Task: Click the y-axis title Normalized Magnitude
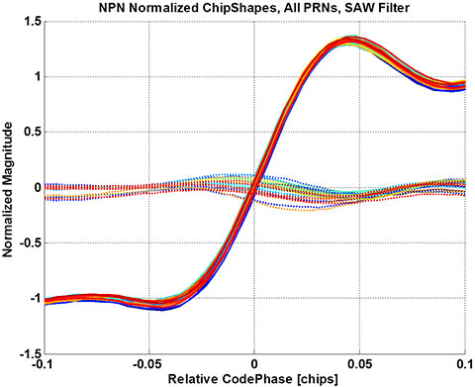[x=9, y=186]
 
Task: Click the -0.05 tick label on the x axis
[x=148, y=363]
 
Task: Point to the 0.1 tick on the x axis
[x=462, y=363]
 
